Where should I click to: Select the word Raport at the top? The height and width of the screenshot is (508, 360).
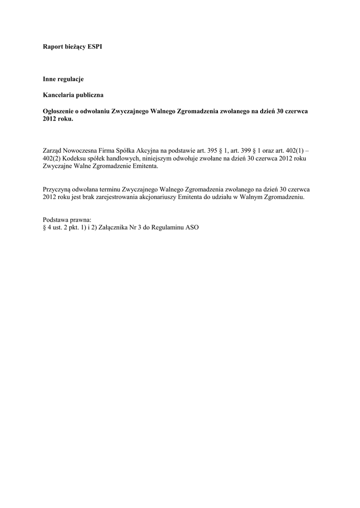coord(53,46)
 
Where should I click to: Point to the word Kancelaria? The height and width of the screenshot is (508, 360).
coord(59,95)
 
